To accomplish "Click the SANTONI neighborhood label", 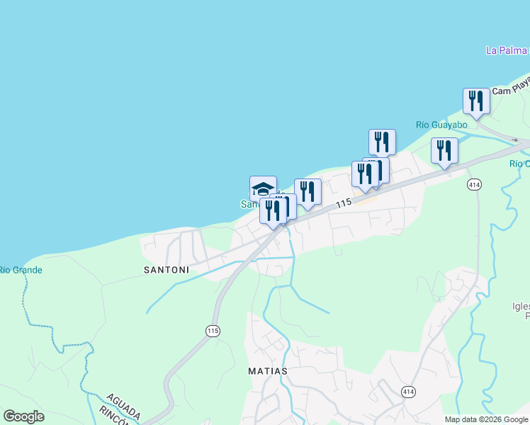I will [167, 270].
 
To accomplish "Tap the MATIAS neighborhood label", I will [268, 370].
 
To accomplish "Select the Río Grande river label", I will [20, 270].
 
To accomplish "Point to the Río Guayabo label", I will [441, 125].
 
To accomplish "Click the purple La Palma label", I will [507, 50].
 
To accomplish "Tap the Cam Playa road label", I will [511, 89].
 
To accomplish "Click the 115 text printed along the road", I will [344, 203].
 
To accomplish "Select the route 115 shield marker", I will [213, 330].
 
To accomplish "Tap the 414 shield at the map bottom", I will [408, 391].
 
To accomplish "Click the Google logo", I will [23, 416].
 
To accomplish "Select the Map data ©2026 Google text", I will [485, 419].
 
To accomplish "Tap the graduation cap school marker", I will [263, 188].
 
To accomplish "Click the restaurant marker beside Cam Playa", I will [476, 101].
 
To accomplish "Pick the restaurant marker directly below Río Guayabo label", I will [444, 150].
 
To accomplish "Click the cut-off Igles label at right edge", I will [521, 307].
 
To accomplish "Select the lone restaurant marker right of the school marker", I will [308, 191].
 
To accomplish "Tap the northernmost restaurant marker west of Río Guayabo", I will [382, 142].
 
